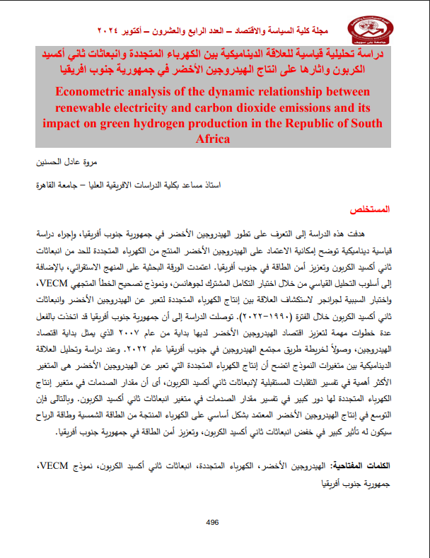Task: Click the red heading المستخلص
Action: pos(374,211)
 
